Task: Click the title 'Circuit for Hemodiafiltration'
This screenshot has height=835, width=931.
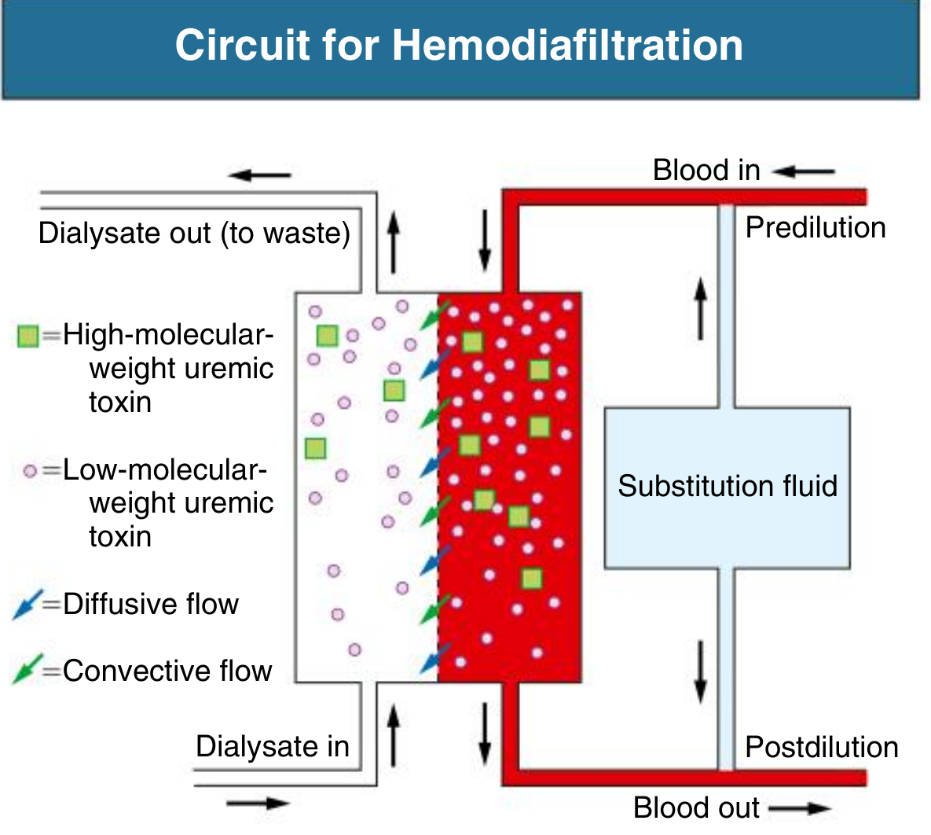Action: (x=459, y=45)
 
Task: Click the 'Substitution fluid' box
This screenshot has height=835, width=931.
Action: (x=727, y=486)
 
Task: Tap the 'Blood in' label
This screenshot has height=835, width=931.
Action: (x=706, y=171)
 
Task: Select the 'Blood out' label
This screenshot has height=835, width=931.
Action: (x=696, y=807)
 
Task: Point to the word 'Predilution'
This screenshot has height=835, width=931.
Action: (x=815, y=228)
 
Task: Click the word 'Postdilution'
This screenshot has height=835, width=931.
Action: (x=821, y=747)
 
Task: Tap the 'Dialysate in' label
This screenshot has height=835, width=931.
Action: (x=272, y=746)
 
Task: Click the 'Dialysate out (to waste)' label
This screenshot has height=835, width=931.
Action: (x=194, y=234)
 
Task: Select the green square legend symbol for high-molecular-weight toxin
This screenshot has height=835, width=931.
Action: (x=28, y=337)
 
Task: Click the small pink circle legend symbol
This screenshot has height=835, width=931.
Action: (x=30, y=471)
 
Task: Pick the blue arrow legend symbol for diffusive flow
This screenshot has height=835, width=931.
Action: (x=27, y=605)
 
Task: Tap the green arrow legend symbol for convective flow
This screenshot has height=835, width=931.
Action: (x=27, y=671)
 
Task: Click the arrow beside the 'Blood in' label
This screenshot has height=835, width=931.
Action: (x=803, y=171)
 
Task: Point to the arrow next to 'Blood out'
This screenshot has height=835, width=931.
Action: (x=799, y=808)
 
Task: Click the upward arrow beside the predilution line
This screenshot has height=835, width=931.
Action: (x=700, y=308)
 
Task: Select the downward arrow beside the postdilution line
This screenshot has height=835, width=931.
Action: (x=700, y=671)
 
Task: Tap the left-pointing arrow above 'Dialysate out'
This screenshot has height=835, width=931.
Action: (x=260, y=175)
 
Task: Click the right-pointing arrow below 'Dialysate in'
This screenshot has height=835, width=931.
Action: (x=258, y=804)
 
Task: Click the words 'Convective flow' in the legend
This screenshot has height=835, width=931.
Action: (x=167, y=671)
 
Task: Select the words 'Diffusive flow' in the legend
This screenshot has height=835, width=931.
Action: (x=151, y=605)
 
